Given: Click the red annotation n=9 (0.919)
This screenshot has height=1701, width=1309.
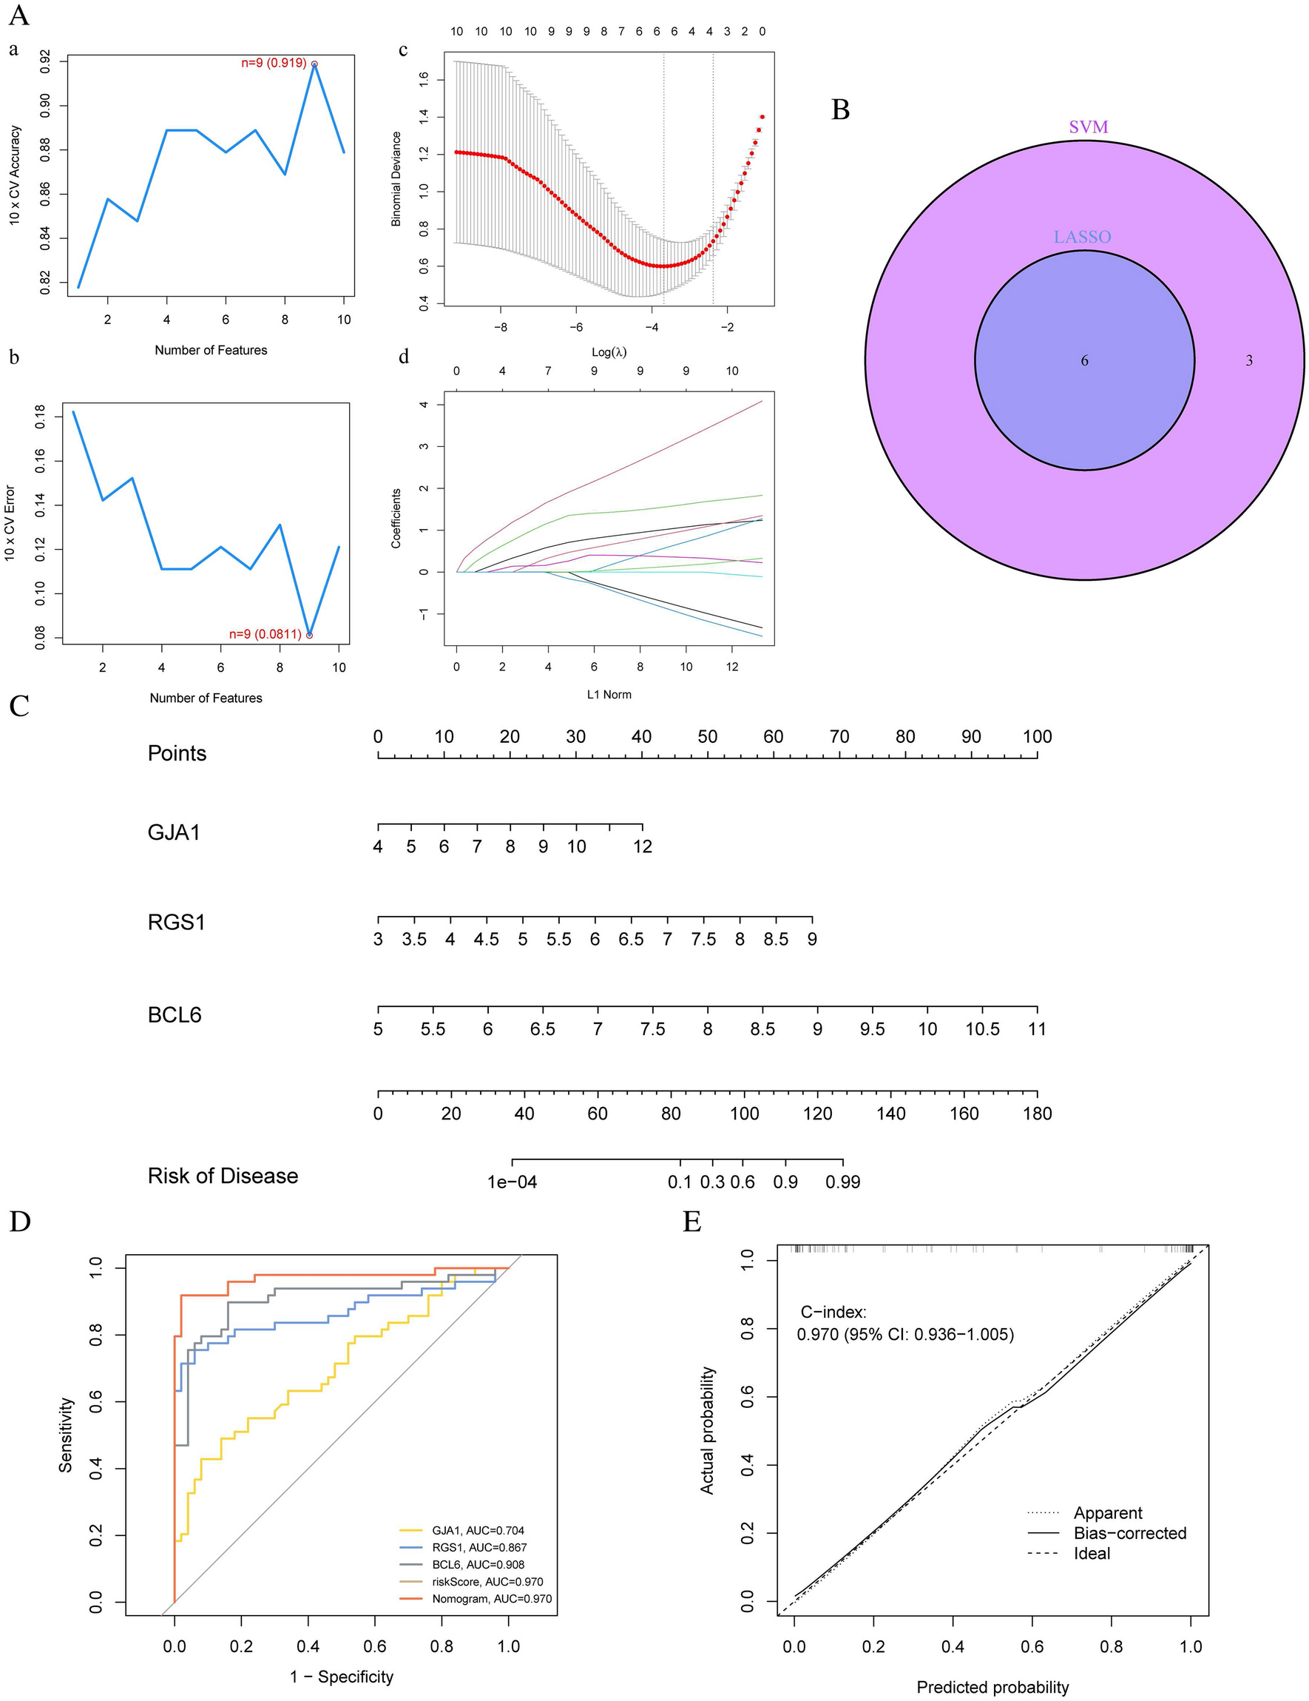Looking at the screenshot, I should point(274,63).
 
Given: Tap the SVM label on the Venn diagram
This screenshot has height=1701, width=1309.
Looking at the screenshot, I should point(1088,127).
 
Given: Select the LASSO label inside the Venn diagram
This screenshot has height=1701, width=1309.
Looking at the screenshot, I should point(1082,237).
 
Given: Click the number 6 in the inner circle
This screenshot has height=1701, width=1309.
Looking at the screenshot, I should point(1084,360).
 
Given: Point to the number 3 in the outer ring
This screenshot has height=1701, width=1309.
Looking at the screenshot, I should point(1248,360).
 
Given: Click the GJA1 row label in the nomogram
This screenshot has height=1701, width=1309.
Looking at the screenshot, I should point(174,832).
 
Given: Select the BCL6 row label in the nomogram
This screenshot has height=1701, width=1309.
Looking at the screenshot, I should point(175,1015).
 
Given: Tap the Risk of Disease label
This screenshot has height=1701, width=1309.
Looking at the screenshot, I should point(223,1175).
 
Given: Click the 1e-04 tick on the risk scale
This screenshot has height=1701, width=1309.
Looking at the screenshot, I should point(512,1182).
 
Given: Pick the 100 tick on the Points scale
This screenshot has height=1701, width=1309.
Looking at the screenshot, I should point(1036,737).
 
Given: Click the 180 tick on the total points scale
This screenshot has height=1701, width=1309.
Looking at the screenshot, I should point(1036,1114).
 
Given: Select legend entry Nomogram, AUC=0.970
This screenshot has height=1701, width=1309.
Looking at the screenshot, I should point(491,1599).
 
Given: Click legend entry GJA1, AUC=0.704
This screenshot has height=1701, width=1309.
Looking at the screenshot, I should point(483,1530).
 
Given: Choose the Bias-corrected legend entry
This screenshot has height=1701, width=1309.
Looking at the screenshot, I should point(1129,1533).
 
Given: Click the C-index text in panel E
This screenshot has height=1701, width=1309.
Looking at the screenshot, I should point(832,1313).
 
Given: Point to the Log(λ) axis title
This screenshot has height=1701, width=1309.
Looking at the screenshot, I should point(608,352).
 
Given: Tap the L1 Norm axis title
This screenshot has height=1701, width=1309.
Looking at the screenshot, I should point(608,694).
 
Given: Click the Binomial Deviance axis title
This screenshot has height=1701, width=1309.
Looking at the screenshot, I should point(396,178).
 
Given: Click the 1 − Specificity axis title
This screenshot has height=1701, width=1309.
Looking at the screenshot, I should point(342,1676).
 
